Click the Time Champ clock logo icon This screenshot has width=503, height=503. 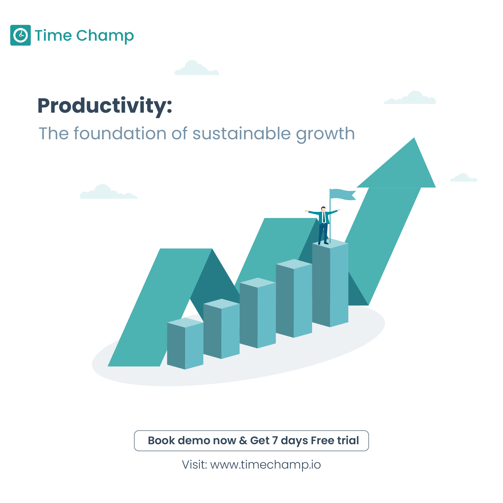(20, 35)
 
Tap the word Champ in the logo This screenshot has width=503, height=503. (105, 36)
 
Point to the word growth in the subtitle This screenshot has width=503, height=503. (325, 134)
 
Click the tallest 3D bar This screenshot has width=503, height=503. (330, 284)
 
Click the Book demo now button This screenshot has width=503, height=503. (251, 440)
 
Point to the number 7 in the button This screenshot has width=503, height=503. (275, 440)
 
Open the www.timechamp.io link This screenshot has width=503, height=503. (265, 465)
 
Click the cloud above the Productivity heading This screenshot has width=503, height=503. (197, 68)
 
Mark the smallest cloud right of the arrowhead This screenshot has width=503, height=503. (464, 178)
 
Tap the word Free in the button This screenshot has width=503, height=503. (322, 440)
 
